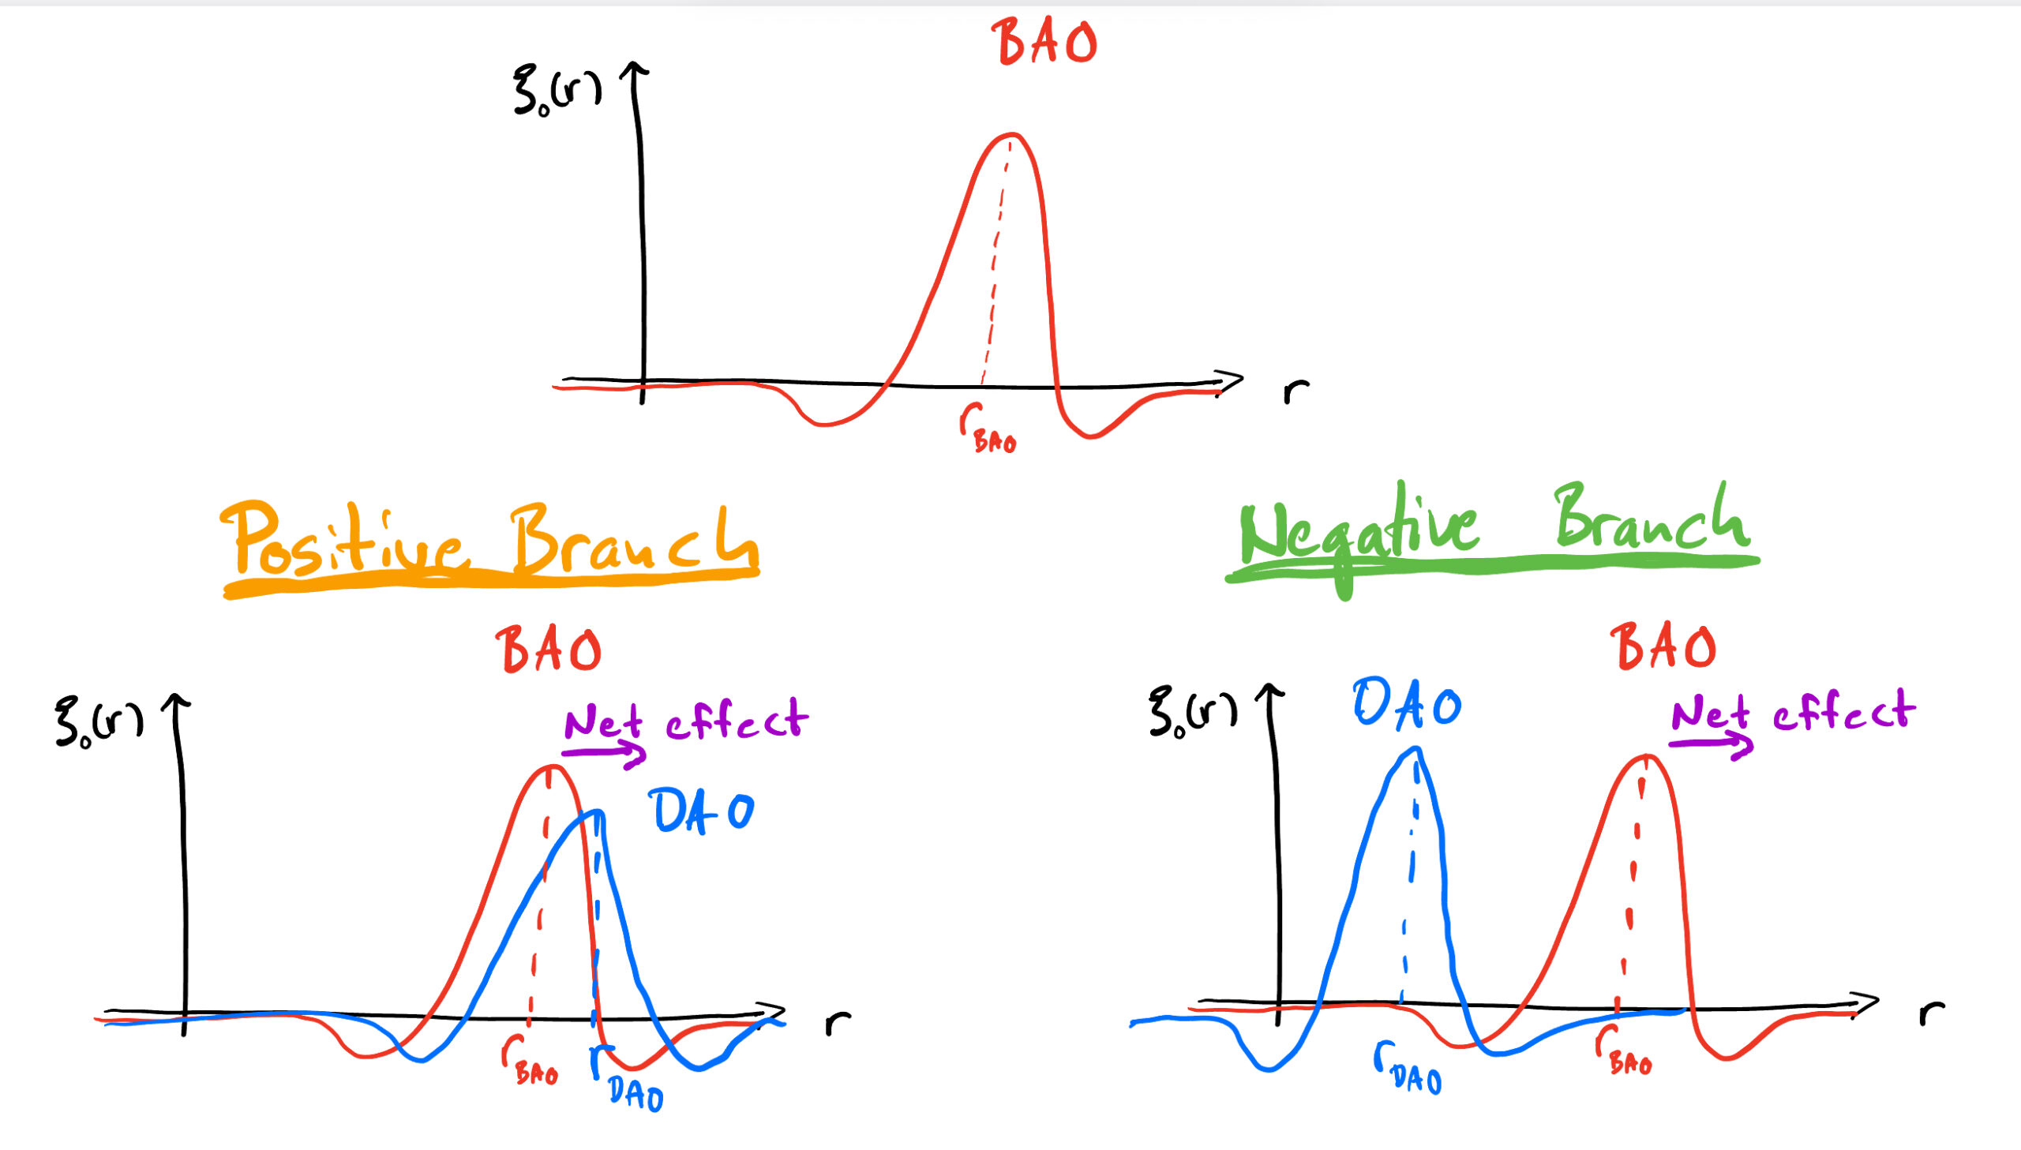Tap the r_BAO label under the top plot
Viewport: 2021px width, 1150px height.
(987, 429)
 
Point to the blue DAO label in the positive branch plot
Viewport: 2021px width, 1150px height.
(701, 811)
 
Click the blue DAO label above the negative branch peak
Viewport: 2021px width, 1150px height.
(1407, 703)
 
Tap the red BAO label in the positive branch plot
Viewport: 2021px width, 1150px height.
(549, 650)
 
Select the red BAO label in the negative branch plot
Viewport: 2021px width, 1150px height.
(1663, 646)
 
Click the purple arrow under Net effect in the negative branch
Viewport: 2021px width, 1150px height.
(1711, 744)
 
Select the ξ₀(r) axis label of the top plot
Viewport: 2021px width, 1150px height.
(556, 91)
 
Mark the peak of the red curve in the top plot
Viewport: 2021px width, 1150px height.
(1011, 135)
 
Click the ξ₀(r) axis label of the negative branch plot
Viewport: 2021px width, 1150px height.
(1192, 712)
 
